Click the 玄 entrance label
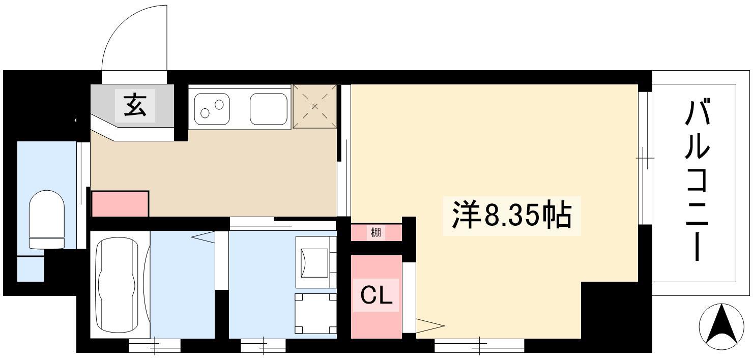[135, 105]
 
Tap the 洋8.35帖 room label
[512, 215]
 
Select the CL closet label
[376, 295]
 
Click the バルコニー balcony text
[698, 179]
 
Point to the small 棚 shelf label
[376, 232]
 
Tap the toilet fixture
[46, 220]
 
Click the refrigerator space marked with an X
[315, 106]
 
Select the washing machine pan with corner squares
[315, 313]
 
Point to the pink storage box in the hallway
[120, 204]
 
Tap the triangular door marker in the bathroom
[202, 237]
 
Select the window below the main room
[479, 346]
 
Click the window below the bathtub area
[155, 346]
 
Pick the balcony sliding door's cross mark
[645, 158]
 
